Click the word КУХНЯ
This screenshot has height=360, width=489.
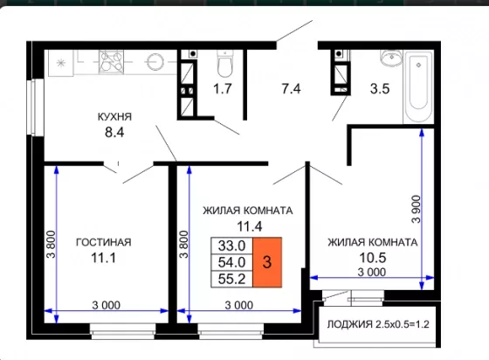coord(114,117)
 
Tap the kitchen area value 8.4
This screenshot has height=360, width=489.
coord(114,132)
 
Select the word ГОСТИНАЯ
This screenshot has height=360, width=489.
coord(104,242)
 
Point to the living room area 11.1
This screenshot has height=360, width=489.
coord(103,258)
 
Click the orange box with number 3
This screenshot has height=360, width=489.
coord(267,262)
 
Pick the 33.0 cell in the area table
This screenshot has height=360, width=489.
coord(231,246)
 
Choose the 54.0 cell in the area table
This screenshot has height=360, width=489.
coord(231,262)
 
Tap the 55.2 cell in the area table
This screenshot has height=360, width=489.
coord(231,279)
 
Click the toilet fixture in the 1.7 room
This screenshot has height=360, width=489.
coord(225,64)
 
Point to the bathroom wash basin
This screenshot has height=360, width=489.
coord(392,58)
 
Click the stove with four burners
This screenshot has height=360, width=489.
coord(111,62)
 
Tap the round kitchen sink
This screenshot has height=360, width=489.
coord(155,62)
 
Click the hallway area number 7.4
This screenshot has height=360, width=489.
coord(291,89)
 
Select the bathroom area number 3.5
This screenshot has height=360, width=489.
coord(380,89)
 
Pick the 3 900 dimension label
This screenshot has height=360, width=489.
coord(416,210)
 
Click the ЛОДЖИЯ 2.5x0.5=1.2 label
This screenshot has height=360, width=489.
coord(378,324)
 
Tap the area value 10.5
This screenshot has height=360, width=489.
coord(373,258)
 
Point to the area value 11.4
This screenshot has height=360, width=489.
coord(250,226)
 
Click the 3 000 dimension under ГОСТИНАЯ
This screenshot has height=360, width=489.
coord(106,305)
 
